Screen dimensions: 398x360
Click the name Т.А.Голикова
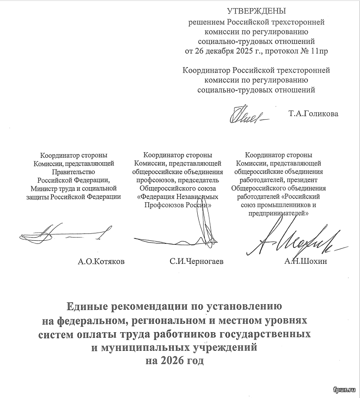pos(313,113)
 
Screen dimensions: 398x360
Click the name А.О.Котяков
pos(101,262)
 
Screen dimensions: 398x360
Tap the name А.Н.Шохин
pos(305,262)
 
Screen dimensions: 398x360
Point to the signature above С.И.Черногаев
pos(190,231)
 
